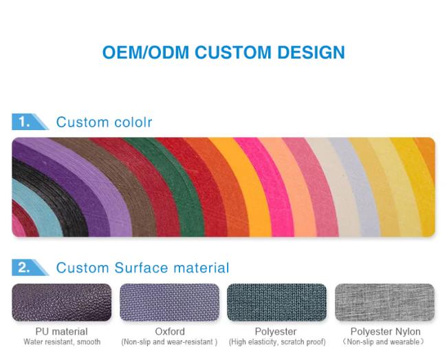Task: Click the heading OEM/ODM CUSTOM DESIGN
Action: [223, 52]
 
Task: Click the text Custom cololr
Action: [104, 122]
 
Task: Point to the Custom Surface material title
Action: [142, 268]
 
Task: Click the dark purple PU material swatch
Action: [62, 302]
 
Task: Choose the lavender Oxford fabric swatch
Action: [169, 302]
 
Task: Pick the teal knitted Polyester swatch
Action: [276, 302]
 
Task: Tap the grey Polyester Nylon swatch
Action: [384, 302]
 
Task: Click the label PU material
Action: [62, 332]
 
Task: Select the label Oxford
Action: [169, 332]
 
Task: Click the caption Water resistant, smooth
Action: [62, 342]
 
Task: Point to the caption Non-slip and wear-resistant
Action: [169, 342]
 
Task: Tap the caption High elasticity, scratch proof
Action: [276, 342]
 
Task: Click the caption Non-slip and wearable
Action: [384, 342]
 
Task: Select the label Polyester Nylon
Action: [384, 332]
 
